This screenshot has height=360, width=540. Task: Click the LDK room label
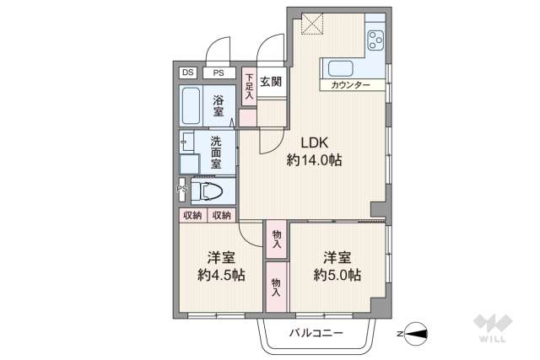(313, 142)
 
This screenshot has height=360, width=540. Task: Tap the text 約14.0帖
(313, 160)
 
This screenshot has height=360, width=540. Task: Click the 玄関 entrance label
(272, 82)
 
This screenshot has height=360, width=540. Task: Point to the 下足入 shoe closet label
(249, 88)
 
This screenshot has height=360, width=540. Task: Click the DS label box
(186, 73)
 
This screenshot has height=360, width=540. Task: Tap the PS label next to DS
(218, 73)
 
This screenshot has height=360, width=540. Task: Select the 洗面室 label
(217, 153)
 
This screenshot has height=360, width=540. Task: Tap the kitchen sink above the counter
(341, 69)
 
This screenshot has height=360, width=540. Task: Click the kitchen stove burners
(374, 40)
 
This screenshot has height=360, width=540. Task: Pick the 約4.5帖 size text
(221, 275)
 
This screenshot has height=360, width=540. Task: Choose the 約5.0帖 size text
(337, 275)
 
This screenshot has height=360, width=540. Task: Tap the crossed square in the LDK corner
(312, 24)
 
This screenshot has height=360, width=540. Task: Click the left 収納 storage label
(192, 216)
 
